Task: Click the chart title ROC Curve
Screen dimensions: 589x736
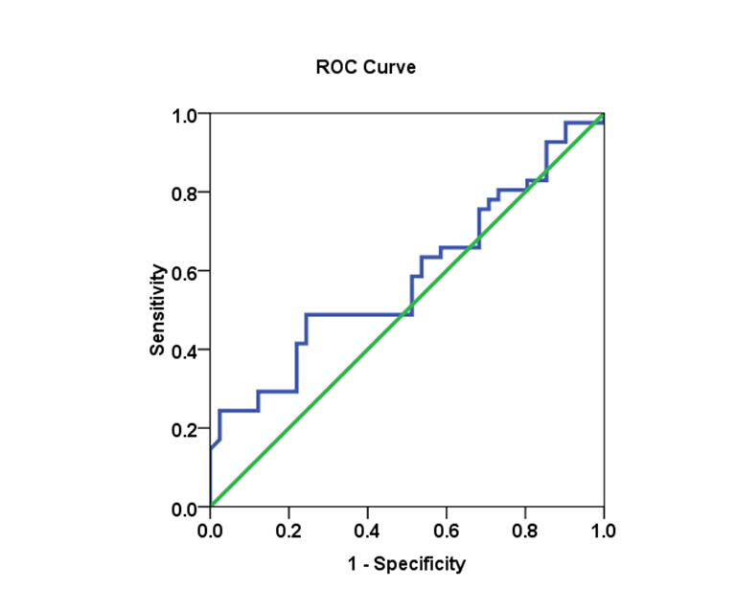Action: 365,68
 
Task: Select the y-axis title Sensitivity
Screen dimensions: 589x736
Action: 157,310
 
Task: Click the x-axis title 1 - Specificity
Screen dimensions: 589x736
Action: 406,563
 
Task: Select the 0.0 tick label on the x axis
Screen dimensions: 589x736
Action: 210,529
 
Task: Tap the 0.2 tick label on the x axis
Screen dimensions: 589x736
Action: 288,529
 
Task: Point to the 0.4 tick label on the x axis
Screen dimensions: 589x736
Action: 367,529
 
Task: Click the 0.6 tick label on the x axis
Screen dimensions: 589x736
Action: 446,529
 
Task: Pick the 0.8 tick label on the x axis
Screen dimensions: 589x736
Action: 524,529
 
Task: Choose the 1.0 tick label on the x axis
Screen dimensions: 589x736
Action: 603,529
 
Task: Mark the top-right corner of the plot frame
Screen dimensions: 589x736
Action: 604,114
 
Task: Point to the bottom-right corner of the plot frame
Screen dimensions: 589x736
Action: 604,507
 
